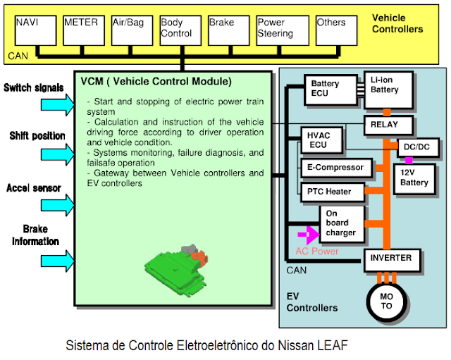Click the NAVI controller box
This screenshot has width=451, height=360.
(35, 30)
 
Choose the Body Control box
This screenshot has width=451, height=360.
(180, 30)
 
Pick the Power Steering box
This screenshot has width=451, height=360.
(282, 30)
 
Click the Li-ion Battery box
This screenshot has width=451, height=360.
(388, 90)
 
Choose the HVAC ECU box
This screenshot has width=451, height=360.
(321, 140)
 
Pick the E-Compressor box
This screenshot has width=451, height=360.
(335, 168)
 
